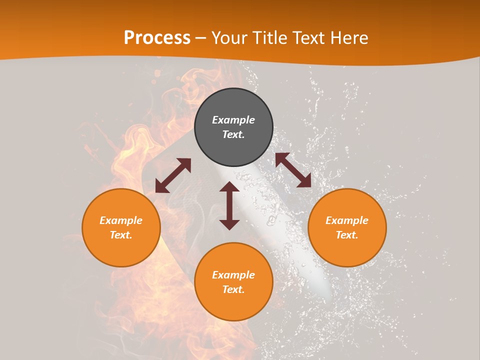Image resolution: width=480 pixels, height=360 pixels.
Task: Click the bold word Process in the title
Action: coord(157,38)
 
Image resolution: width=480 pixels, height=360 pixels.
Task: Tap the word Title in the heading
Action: coord(272,38)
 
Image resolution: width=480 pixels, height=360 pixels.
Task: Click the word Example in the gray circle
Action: coord(233,120)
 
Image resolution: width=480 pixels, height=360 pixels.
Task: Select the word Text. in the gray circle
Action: coord(233,134)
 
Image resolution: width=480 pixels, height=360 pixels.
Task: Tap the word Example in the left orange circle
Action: coord(121,220)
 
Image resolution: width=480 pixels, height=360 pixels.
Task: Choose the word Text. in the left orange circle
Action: coord(121,235)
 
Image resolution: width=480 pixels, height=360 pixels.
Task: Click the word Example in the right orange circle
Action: coord(347,220)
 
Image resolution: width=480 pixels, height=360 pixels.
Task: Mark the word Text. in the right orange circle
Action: coord(347,235)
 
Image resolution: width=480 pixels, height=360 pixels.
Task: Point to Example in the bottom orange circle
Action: coord(233,275)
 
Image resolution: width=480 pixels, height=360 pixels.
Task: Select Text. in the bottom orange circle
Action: coord(233,289)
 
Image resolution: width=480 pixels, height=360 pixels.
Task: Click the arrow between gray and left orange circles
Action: coord(173,175)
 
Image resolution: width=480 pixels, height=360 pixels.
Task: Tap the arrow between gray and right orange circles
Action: coord(293,170)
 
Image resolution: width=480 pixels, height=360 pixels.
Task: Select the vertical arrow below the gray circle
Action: coord(229,205)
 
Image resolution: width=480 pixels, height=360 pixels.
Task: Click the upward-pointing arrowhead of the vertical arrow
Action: coord(229,186)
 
